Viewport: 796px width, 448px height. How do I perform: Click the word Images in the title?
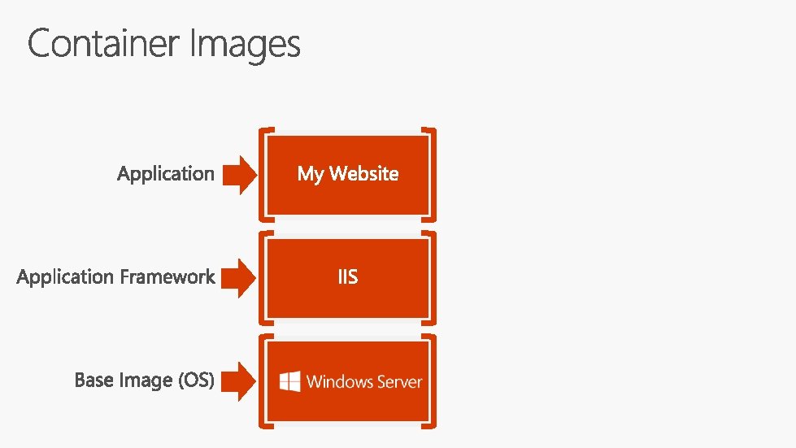(x=245, y=46)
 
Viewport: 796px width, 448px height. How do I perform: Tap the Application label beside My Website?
(x=166, y=174)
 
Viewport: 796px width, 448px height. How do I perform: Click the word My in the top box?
(x=310, y=174)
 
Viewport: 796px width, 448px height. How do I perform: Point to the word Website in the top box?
(x=363, y=173)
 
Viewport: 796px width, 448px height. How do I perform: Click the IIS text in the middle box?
(x=347, y=277)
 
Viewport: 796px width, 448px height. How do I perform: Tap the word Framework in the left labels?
(x=167, y=277)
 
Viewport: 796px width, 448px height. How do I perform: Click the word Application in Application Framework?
(x=66, y=277)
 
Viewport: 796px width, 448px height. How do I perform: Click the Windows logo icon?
(x=290, y=381)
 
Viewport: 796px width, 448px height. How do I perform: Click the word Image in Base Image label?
(x=141, y=381)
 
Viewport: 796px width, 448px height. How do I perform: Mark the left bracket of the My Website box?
(x=262, y=174)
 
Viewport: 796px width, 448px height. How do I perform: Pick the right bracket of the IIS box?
(x=433, y=277)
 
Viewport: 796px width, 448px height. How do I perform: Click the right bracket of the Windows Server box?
(x=433, y=381)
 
